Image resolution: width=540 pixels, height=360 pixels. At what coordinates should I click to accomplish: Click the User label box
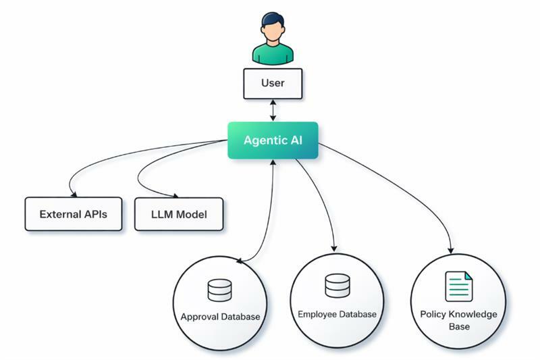click(x=273, y=84)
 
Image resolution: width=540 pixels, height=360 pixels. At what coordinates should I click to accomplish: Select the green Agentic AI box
click(x=273, y=140)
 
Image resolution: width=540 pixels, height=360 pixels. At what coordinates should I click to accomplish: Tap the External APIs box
click(x=73, y=215)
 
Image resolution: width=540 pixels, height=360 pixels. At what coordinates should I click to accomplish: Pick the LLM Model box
click(x=179, y=215)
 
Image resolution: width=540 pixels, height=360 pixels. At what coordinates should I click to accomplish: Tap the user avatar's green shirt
click(x=273, y=54)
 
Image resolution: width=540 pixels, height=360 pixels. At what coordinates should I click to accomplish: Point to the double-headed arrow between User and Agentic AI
click(x=273, y=110)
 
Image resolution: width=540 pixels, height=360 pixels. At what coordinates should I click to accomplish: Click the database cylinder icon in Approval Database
click(x=219, y=290)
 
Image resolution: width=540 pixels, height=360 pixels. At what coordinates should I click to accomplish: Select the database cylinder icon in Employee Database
click(x=337, y=286)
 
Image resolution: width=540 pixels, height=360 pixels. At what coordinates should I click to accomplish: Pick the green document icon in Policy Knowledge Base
click(x=458, y=286)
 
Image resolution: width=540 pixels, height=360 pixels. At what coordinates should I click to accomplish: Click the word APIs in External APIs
click(x=93, y=215)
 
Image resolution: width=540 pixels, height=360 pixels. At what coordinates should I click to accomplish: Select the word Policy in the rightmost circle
click(x=433, y=315)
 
